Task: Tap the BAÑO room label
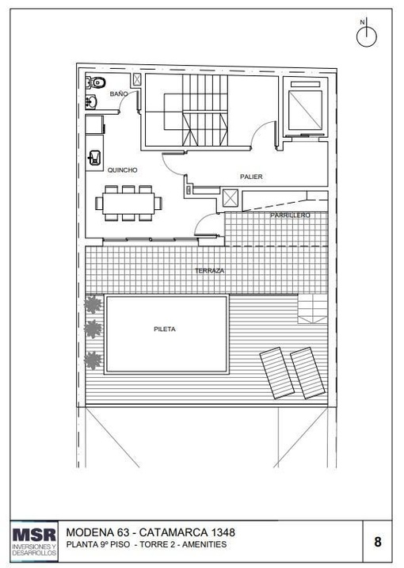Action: pyautogui.click(x=119, y=93)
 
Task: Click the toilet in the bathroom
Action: pyautogui.click(x=96, y=82)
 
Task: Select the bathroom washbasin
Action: pyautogui.click(x=91, y=101)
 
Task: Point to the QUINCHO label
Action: pyautogui.click(x=123, y=170)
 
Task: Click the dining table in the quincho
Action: pyautogui.click(x=128, y=204)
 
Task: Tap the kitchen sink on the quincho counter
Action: pyautogui.click(x=94, y=158)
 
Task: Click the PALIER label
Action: pyautogui.click(x=251, y=177)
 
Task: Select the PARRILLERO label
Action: pyautogui.click(x=290, y=215)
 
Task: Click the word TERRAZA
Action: pyautogui.click(x=209, y=271)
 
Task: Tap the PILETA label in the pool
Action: pyautogui.click(x=165, y=329)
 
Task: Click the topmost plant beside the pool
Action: pyautogui.click(x=93, y=305)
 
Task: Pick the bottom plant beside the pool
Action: pyautogui.click(x=93, y=360)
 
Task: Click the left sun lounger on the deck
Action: pyautogui.click(x=277, y=373)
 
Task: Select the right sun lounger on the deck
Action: pyautogui.click(x=307, y=373)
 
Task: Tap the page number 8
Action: pyautogui.click(x=378, y=542)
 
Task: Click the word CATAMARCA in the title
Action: pyautogui.click(x=173, y=532)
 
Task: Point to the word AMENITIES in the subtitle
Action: pyautogui.click(x=204, y=544)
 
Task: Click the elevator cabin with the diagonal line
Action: pyautogui.click(x=305, y=110)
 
